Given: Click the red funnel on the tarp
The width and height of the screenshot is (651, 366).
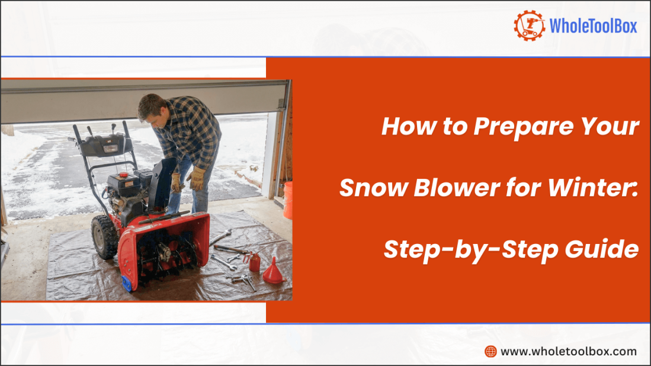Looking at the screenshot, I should pyautogui.click(x=273, y=272).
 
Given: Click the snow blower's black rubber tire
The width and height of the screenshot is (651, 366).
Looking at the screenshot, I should pyautogui.click(x=104, y=236).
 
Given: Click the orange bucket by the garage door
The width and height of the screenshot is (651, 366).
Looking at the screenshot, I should pyautogui.click(x=288, y=200).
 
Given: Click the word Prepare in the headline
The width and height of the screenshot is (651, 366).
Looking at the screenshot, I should pyautogui.click(x=506, y=127).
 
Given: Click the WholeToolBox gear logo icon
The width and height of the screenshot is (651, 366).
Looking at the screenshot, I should pyautogui.click(x=529, y=25).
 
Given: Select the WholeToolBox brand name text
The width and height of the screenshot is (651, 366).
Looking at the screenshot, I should pyautogui.click(x=593, y=26).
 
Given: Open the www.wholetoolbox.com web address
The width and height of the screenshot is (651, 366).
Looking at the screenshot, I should pyautogui.click(x=569, y=351).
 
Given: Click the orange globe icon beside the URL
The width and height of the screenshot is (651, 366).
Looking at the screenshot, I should pyautogui.click(x=490, y=351).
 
